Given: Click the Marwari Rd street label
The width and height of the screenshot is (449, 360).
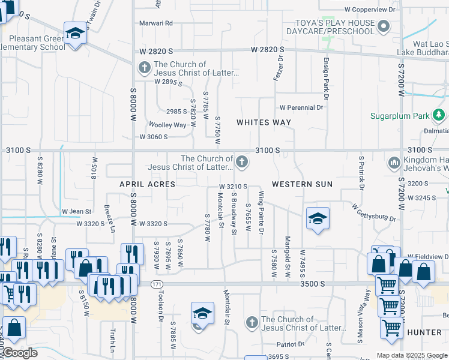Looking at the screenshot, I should pyautogui.click(x=157, y=23).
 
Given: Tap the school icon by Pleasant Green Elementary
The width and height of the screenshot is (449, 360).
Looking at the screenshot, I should pyautogui.click(x=75, y=34).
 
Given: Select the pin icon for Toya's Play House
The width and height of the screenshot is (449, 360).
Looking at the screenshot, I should pyautogui.click(x=385, y=26).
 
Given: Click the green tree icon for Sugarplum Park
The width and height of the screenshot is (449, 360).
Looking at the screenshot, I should pyautogui.click(x=440, y=115).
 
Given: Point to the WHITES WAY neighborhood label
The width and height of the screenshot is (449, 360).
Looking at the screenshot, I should pyautogui.click(x=264, y=122).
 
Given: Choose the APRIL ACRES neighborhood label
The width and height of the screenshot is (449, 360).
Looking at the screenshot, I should pyautogui.click(x=147, y=184).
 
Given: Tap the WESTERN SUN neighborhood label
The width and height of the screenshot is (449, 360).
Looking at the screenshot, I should pyautogui.click(x=302, y=184).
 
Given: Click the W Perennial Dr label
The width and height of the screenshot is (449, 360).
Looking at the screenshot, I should pyautogui.click(x=301, y=108).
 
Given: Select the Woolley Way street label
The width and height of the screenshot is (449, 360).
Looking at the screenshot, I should pyautogui.click(x=167, y=125).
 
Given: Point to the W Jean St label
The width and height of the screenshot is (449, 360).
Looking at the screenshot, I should pyautogui.click(x=76, y=211).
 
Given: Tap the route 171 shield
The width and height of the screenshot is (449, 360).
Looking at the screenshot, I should pyautogui.click(x=157, y=283).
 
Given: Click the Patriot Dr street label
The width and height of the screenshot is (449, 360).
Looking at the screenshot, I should pyautogui.click(x=291, y=344).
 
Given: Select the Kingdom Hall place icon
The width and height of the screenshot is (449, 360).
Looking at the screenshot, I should pyautogui.click(x=394, y=163).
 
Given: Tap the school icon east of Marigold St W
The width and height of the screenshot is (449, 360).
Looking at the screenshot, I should pyautogui.click(x=318, y=218).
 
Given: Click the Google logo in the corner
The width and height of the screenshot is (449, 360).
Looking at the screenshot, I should pyautogui.click(x=20, y=353).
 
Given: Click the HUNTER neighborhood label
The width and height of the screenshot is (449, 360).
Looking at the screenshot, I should pyautogui.click(x=424, y=332).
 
